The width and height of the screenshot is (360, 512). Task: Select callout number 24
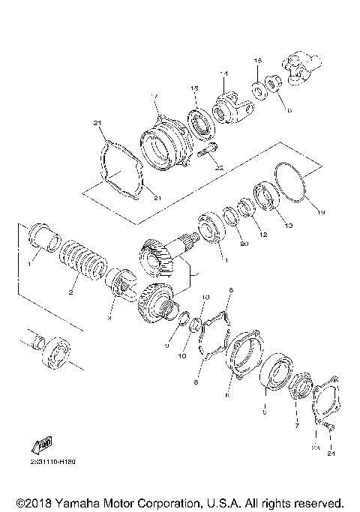tap(330, 454)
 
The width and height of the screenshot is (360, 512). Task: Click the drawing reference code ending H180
tap(54, 463)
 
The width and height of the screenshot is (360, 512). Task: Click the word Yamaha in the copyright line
tap(77, 502)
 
